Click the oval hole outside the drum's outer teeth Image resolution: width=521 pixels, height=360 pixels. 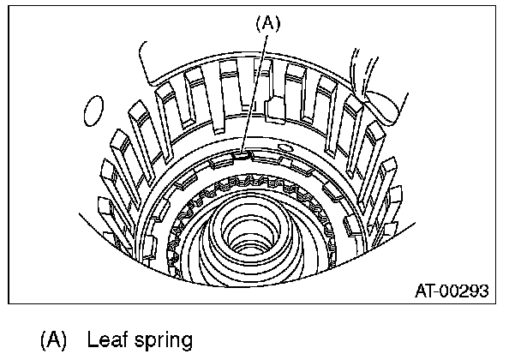click(95, 111)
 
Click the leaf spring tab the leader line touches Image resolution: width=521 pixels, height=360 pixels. click(242, 156)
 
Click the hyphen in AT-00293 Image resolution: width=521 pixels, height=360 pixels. click(440, 291)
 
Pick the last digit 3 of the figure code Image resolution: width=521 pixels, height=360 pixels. click(484, 291)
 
